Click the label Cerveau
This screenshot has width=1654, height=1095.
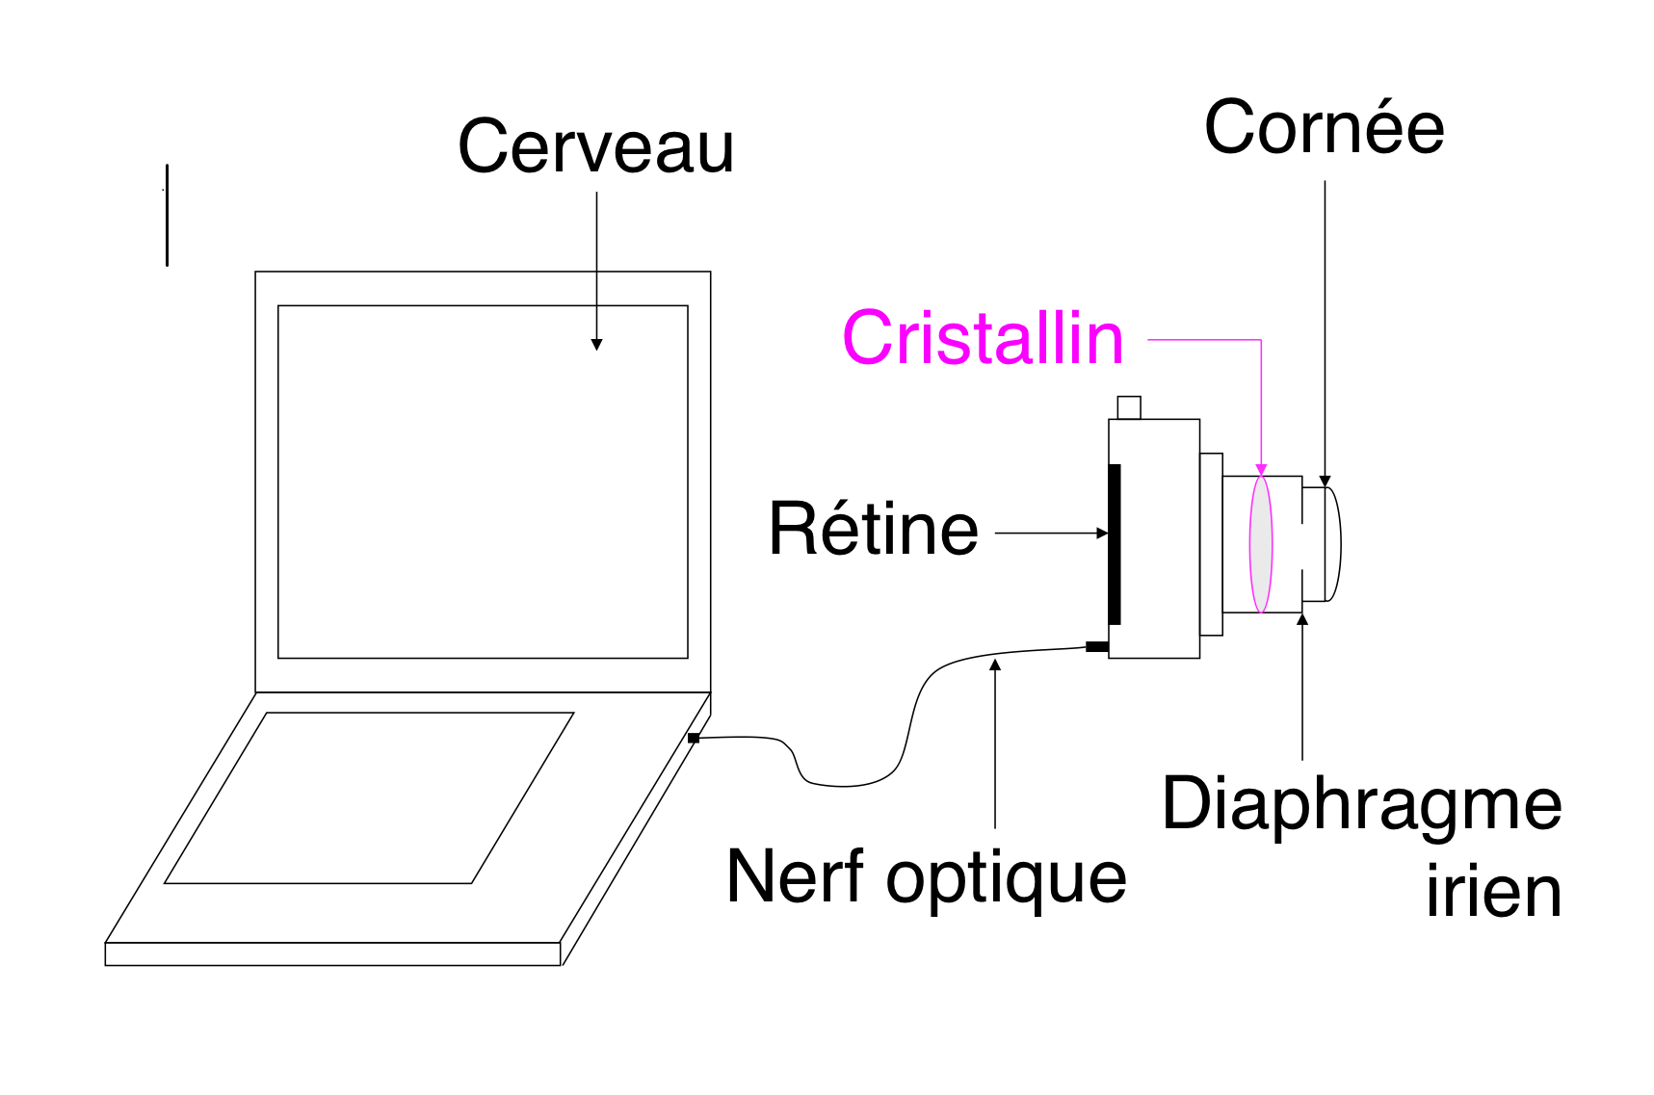(x=595, y=147)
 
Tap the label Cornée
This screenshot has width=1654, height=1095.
(x=1324, y=128)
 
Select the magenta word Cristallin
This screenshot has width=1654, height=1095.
(x=983, y=338)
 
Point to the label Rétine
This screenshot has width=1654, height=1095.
(x=873, y=529)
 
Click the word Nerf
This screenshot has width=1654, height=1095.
(x=796, y=876)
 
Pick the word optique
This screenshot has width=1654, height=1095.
(x=1006, y=880)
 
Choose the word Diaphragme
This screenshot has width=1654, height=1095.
(x=1361, y=805)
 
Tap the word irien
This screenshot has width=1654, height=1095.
(x=1493, y=893)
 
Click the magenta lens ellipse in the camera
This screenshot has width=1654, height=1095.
(x=1261, y=544)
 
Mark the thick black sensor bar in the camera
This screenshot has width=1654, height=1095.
(x=1115, y=544)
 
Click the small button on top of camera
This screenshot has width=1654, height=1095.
(x=1129, y=407)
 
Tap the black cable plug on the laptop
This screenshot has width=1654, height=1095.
(x=694, y=739)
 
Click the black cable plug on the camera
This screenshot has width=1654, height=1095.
(x=1096, y=646)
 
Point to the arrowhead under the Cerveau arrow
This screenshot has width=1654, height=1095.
(x=596, y=345)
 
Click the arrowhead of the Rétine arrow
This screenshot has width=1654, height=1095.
(x=1102, y=533)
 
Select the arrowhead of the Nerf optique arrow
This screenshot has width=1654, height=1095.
(x=995, y=665)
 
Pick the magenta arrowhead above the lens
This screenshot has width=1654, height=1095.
(x=1261, y=470)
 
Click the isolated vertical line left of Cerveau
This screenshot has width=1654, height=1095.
(x=167, y=215)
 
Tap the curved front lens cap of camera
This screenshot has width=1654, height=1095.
(x=1334, y=544)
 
